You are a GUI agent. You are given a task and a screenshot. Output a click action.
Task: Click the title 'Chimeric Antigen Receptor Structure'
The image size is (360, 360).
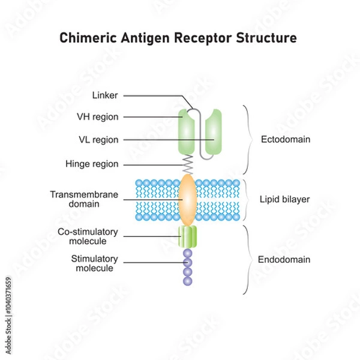178,38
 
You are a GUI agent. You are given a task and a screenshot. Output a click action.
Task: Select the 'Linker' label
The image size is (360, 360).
106,95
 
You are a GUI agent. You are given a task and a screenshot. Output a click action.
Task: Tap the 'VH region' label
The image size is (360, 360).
97,117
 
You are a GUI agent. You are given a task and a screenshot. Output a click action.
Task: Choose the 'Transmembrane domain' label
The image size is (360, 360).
84,199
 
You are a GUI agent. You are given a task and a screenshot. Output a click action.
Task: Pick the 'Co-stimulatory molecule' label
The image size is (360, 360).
88,236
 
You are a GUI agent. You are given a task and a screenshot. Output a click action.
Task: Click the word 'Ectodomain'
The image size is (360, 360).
285,139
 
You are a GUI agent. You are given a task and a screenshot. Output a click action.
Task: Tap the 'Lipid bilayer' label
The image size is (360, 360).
285,199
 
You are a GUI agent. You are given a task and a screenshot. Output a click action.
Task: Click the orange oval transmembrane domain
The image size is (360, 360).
187,199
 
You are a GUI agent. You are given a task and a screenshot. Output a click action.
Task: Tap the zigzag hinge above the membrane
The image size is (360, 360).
187,163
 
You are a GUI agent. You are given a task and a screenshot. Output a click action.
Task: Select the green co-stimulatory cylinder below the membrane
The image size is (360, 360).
187,236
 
